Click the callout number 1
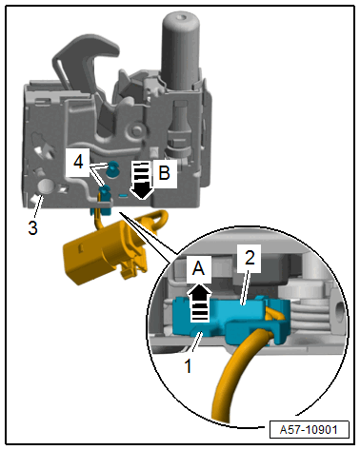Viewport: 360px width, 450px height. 189,365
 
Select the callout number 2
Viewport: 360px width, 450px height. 250,257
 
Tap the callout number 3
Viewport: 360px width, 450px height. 32,227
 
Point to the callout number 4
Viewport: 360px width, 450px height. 78,162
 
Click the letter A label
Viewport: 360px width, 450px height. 199,269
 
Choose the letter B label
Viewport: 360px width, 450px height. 164,173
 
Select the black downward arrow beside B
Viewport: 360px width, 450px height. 142,181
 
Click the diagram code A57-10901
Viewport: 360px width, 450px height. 309,430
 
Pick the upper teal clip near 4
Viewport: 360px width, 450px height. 112,168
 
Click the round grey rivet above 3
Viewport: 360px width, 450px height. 46,186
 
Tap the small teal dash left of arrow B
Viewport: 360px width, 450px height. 123,196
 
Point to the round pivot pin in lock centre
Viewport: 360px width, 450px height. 137,129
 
